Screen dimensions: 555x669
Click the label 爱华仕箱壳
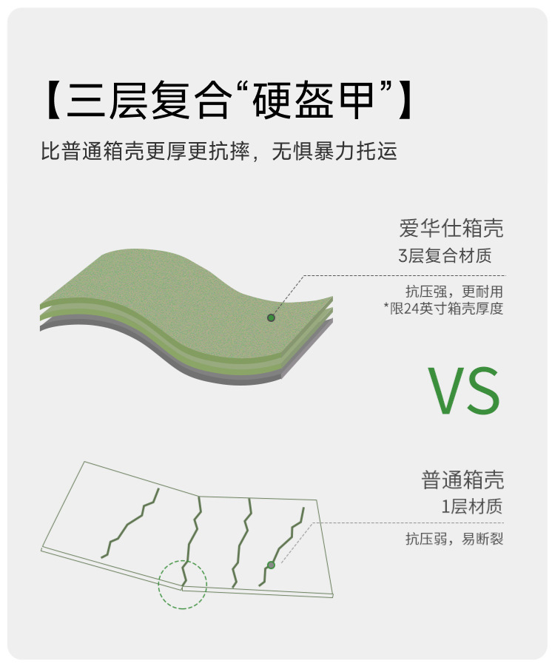click(451, 227)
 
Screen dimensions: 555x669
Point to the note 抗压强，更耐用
click(454, 291)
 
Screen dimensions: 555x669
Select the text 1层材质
click(471, 508)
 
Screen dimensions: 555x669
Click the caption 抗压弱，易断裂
click(454, 539)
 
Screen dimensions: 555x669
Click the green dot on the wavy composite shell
click(271, 317)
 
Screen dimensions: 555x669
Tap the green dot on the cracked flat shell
click(271, 565)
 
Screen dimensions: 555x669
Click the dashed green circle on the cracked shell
click(183, 584)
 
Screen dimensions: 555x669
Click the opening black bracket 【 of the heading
click(53, 100)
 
